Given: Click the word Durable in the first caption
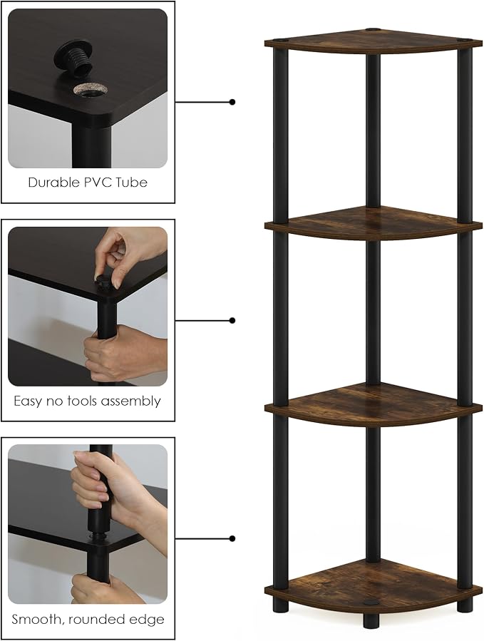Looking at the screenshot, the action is (x=54, y=183).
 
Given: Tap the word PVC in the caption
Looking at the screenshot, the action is (x=98, y=183).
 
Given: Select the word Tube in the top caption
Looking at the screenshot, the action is (x=132, y=183).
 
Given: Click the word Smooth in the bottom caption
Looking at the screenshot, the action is (x=36, y=620).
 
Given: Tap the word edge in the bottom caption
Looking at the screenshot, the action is (x=148, y=620).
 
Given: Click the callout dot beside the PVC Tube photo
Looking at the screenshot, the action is (x=232, y=102).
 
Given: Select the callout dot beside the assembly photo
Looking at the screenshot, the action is (x=232, y=320).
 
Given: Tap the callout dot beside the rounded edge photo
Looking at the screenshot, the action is (x=232, y=538).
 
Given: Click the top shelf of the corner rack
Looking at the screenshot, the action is (x=374, y=41).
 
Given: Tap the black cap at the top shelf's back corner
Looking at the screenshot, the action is (x=372, y=30).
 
